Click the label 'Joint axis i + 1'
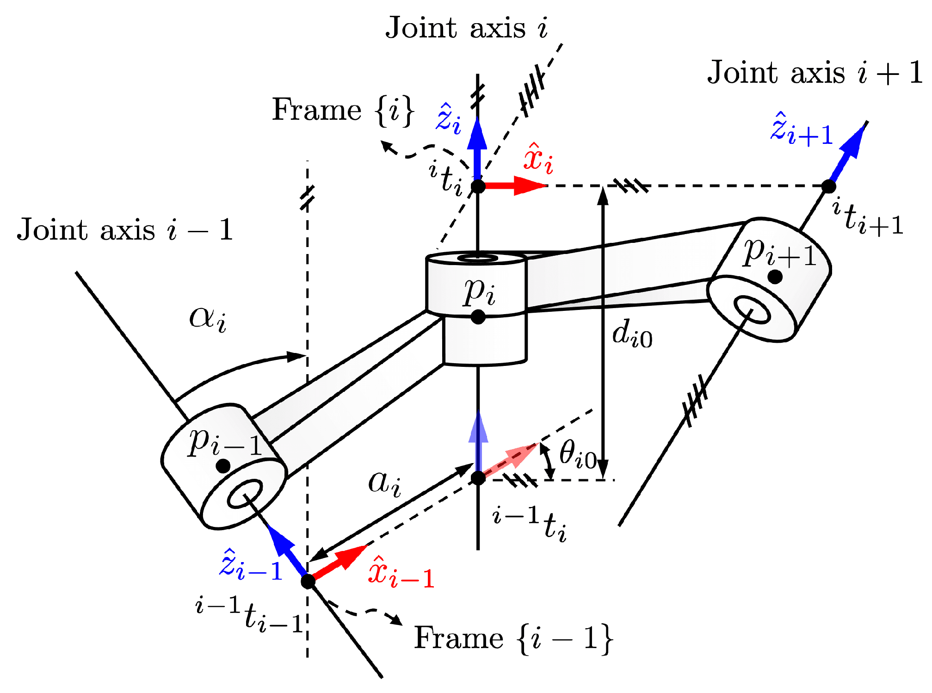[x=814, y=73]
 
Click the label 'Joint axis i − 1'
[x=125, y=230]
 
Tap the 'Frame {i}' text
[x=343, y=111]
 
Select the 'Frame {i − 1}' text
[x=513, y=638]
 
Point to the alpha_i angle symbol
[x=208, y=319]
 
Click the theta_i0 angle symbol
[x=577, y=454]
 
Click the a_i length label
[x=384, y=483]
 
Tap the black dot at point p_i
[x=478, y=317]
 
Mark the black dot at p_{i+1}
[x=775, y=277]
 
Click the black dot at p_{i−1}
[x=223, y=466]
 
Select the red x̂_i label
[x=538, y=160]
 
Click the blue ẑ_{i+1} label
[x=802, y=130]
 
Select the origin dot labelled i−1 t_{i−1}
[x=308, y=581]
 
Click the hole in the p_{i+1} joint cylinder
[x=752, y=311]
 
